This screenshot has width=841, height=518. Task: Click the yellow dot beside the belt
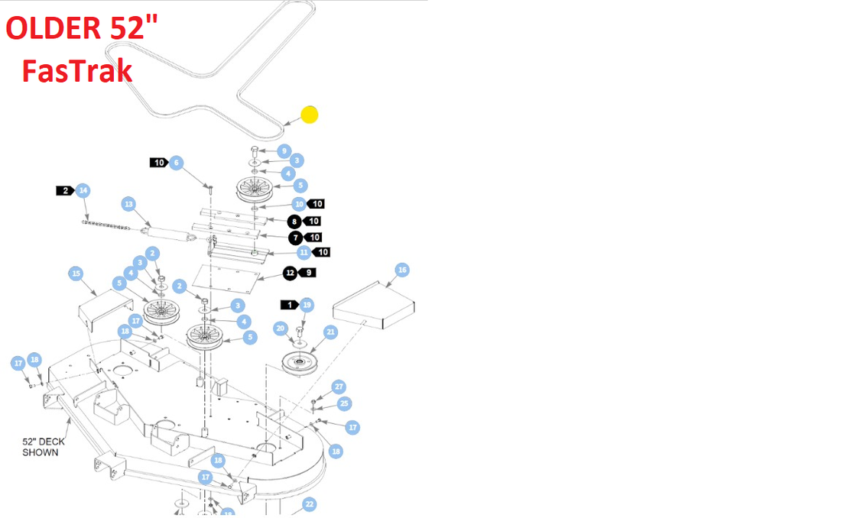click(x=310, y=115)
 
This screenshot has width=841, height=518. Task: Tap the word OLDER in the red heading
click(x=53, y=28)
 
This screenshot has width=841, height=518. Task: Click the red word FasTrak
click(x=77, y=71)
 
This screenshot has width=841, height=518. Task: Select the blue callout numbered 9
click(x=284, y=151)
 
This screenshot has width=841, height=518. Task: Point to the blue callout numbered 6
click(x=177, y=163)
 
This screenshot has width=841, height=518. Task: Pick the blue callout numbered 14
click(x=83, y=190)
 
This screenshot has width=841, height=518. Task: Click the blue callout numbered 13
click(x=128, y=204)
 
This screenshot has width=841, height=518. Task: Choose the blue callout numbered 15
click(x=76, y=274)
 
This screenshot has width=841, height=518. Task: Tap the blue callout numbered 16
click(x=402, y=270)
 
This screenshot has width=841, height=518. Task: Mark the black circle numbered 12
click(x=291, y=273)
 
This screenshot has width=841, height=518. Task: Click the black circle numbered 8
click(x=294, y=222)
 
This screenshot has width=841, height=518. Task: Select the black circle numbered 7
click(x=296, y=238)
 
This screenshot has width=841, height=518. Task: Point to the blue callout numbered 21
click(x=330, y=332)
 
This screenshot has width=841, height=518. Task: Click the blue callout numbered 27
click(x=339, y=387)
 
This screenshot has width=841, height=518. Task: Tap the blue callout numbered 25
click(x=344, y=404)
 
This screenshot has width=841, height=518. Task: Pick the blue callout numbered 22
click(x=309, y=504)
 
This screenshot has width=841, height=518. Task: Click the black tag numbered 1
click(x=290, y=305)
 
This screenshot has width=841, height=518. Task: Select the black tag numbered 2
click(x=65, y=190)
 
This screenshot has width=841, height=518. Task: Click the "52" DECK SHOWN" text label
click(x=44, y=447)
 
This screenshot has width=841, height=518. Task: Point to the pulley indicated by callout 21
click(x=299, y=364)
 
